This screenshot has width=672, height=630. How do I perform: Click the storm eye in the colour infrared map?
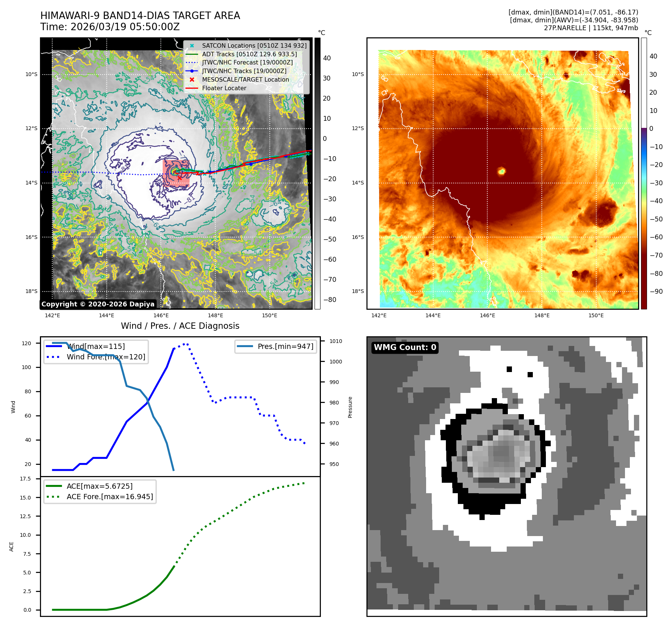click(x=501, y=171)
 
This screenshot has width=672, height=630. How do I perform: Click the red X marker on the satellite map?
click(x=179, y=178)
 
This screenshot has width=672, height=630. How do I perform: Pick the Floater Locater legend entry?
click(x=224, y=88)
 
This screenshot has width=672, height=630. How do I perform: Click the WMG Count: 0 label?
click(x=405, y=347)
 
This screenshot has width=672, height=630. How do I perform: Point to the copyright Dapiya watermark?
click(x=98, y=304)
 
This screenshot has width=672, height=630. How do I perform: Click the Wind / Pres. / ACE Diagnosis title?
click(x=180, y=326)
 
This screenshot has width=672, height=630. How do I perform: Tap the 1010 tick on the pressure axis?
click(x=335, y=341)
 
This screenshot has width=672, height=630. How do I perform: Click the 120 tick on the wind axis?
click(x=26, y=343)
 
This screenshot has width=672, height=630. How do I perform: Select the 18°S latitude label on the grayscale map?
click(x=31, y=292)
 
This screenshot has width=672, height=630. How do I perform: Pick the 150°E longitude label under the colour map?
click(x=596, y=315)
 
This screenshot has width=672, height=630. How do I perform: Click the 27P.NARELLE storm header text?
click(x=591, y=28)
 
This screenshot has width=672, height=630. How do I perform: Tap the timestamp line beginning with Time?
click(x=110, y=27)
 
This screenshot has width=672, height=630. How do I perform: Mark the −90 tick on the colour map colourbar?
click(x=656, y=292)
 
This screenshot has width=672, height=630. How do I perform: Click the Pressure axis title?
click(x=350, y=407)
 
